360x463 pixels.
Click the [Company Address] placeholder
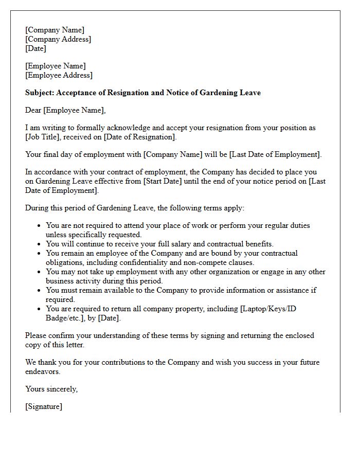click(x=58, y=39)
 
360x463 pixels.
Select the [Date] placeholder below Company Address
click(x=35, y=48)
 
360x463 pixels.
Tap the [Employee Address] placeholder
click(x=59, y=75)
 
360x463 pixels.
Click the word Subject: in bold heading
click(x=40, y=93)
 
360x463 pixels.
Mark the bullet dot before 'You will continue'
click(x=40, y=244)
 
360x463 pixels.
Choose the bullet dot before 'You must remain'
click(x=40, y=290)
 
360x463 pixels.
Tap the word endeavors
click(x=43, y=371)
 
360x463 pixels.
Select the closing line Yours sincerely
click(x=51, y=389)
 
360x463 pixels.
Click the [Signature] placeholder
click(x=44, y=406)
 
